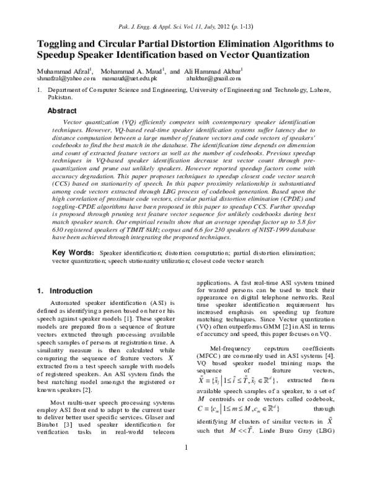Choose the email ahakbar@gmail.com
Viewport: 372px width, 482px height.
211,79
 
